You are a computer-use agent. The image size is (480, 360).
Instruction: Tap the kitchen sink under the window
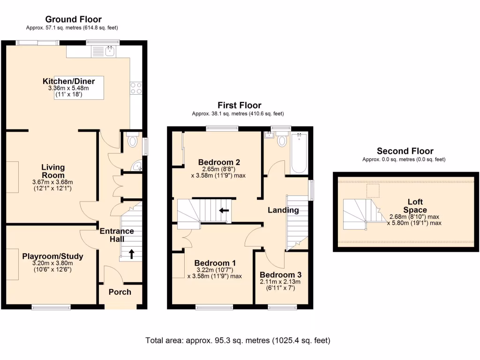coord(111,51)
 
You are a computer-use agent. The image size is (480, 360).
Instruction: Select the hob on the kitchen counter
coord(136,88)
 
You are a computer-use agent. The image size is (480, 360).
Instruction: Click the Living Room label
coord(53,171)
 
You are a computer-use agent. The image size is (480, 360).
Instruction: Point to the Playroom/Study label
coord(52,256)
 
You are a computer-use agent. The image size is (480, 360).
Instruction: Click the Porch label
coord(120,292)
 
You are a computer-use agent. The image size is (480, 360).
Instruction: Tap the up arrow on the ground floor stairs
coord(131,254)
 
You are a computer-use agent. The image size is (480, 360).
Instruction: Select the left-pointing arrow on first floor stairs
coord(224,210)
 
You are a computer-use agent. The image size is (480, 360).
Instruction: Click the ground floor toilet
coord(133,141)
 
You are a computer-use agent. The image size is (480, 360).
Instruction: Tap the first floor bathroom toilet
coord(282,140)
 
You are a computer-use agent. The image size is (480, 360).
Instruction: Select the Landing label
coord(283,210)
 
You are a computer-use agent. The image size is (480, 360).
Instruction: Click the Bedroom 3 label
coord(280,275)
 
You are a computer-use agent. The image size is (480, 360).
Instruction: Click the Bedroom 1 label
coord(215,263)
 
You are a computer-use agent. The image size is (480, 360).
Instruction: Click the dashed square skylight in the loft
coord(373,190)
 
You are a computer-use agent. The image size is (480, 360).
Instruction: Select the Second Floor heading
coord(405,151)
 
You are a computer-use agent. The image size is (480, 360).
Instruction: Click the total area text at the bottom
coord(238,340)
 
